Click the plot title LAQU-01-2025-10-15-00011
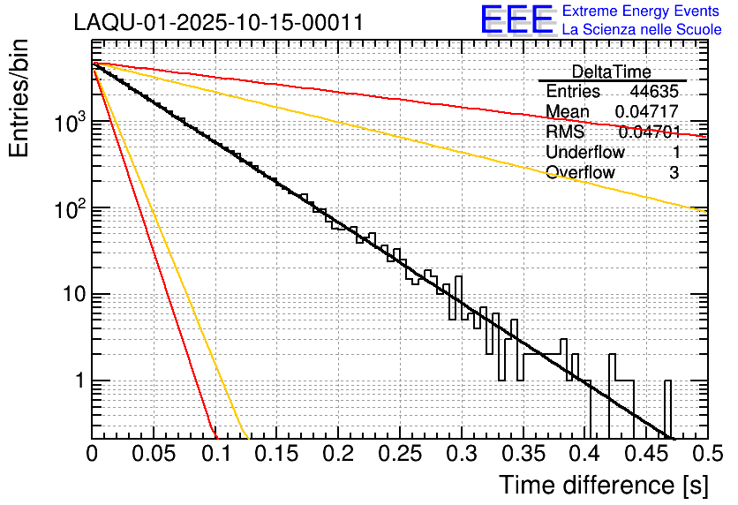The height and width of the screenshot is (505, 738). point(218,23)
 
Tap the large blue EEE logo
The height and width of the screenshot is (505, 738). point(516,20)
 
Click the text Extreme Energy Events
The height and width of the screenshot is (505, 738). point(642,11)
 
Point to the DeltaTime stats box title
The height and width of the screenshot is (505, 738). point(611,72)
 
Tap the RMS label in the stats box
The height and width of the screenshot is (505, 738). point(565,132)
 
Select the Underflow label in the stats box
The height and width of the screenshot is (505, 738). point(585,153)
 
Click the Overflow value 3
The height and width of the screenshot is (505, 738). point(674,173)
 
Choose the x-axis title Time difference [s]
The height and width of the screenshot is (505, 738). point(603,485)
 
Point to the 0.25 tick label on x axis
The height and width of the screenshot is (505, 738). point(399,455)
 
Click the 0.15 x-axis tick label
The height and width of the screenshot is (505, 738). point(276,455)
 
